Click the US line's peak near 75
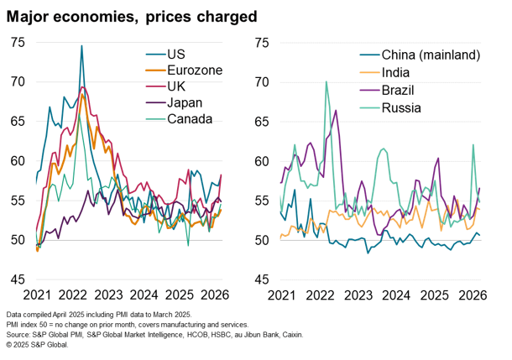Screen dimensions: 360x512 pos(81,46)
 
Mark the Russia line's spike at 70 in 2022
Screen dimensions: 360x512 pos(326,82)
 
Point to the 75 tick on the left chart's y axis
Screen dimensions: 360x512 pos(19,42)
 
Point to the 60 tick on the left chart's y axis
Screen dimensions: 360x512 pos(19,161)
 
